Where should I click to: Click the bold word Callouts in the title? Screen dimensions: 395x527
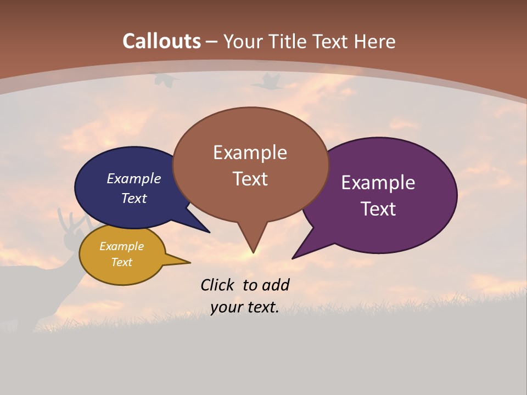(162, 41)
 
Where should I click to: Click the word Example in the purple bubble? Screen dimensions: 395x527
(378, 183)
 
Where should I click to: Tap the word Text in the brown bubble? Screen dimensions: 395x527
(250, 178)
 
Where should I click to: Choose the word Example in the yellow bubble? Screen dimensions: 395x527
(121, 246)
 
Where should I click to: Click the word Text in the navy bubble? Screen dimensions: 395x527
(134, 198)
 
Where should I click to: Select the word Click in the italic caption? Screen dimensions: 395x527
(218, 285)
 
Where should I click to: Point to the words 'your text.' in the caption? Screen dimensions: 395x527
(245, 307)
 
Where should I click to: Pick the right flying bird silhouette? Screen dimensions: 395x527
(267, 82)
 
